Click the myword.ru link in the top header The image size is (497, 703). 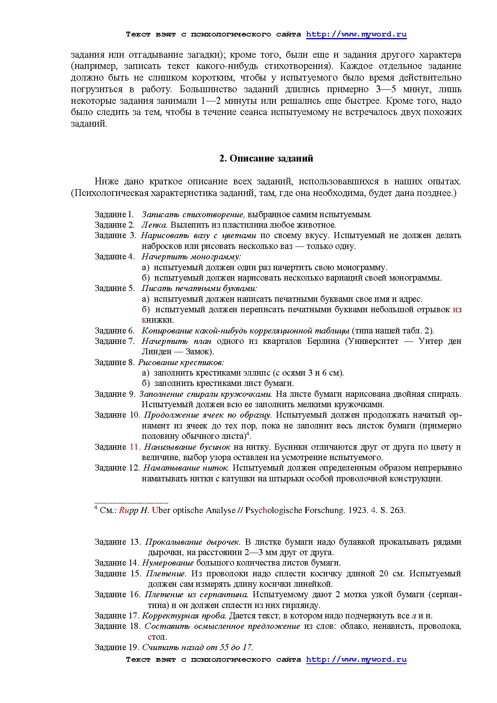(x=356, y=34)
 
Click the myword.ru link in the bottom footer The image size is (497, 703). (x=356, y=659)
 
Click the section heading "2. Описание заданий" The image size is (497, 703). (x=266, y=158)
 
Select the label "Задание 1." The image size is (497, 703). (x=114, y=214)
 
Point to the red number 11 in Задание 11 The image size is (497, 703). (x=134, y=447)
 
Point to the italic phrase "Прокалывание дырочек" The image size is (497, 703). (x=192, y=542)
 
